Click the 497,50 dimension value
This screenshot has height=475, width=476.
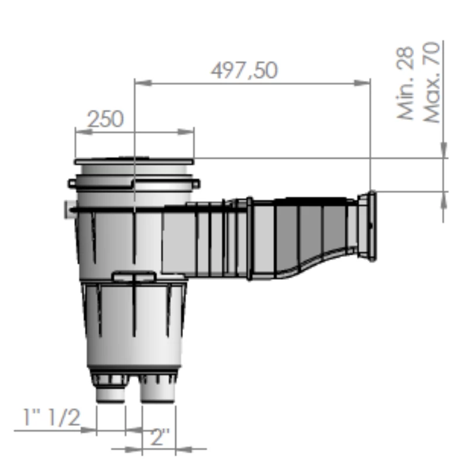[x=244, y=71]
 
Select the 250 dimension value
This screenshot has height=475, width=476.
[x=106, y=119]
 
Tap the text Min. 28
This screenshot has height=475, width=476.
[x=405, y=83]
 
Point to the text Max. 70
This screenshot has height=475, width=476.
[x=432, y=82]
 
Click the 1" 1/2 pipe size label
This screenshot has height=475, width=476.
[x=51, y=417]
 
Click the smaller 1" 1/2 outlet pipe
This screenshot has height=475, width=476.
[x=111, y=392]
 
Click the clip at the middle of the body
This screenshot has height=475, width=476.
[x=134, y=276]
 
